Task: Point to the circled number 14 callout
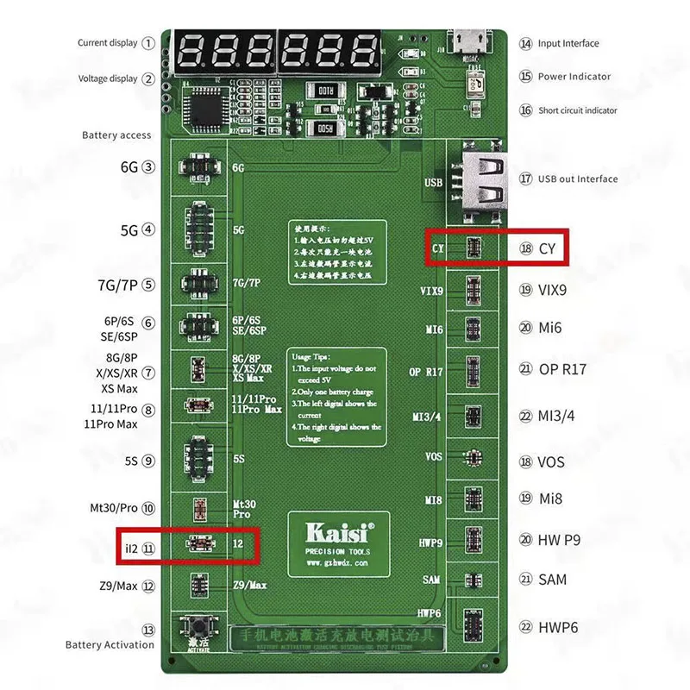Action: (x=525, y=43)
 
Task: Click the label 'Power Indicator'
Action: (x=574, y=76)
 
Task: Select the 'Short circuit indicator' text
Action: (x=578, y=110)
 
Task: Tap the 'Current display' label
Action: (x=108, y=42)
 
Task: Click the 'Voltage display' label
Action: (x=108, y=78)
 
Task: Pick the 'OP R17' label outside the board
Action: (x=562, y=369)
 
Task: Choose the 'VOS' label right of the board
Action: (x=551, y=462)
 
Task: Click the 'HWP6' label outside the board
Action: (x=558, y=627)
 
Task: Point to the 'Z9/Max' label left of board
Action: (x=118, y=586)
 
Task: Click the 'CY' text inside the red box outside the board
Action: (x=547, y=248)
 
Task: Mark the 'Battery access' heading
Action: (x=116, y=135)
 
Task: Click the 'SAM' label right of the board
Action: (x=553, y=580)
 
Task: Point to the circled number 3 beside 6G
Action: (x=149, y=167)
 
